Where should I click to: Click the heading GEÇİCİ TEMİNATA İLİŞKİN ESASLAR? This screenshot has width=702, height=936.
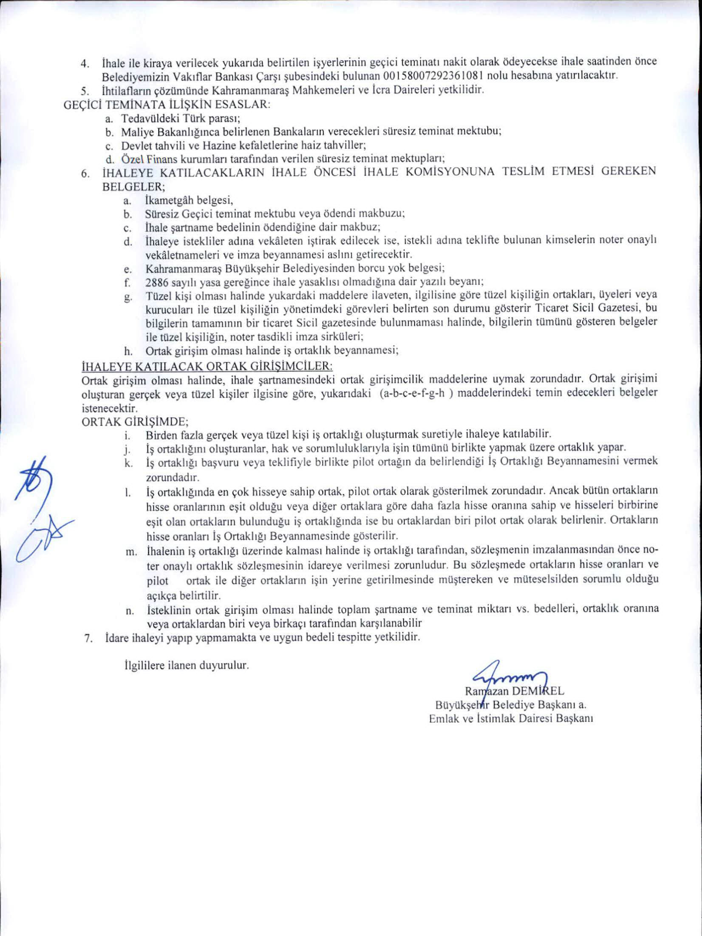(x=167, y=105)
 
